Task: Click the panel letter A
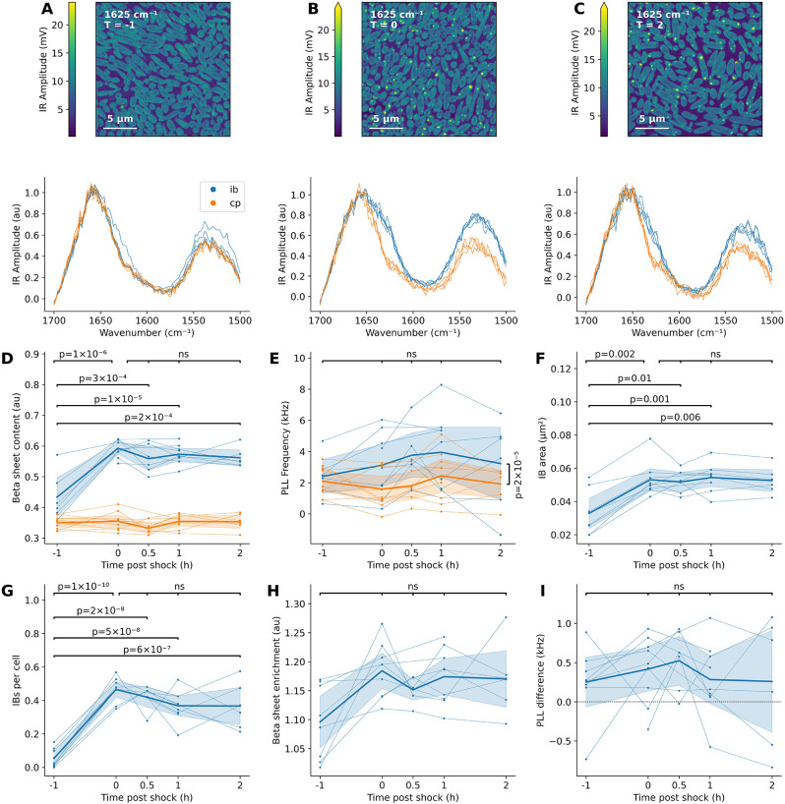(x=47, y=9)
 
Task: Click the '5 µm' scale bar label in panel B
(x=386, y=119)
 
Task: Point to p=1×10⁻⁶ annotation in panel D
(x=83, y=354)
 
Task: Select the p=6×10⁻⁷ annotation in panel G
(x=148, y=650)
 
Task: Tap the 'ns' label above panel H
(x=413, y=586)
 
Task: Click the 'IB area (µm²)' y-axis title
(x=542, y=447)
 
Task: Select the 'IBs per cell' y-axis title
(x=17, y=680)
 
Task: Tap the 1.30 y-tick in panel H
(x=295, y=604)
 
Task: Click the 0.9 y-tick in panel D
(x=31, y=354)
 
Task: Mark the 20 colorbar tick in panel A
(x=57, y=26)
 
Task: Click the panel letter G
(x=7, y=591)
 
